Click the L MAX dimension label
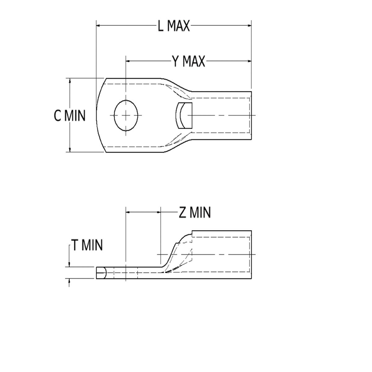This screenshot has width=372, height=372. point(174,26)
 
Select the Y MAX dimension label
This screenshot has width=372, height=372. point(189,61)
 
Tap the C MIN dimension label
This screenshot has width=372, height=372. point(70,116)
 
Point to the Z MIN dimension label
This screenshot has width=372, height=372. point(195,213)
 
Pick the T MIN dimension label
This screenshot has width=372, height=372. point(87,245)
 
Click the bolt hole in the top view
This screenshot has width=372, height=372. point(126,115)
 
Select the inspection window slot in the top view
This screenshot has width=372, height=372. point(184,116)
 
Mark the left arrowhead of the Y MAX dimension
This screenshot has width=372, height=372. point(129,61)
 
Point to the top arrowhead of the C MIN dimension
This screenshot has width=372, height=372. point(69,81)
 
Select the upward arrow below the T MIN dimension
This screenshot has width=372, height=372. point(69,282)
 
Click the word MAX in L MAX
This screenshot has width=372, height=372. point(179,26)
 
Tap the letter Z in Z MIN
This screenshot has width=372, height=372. point(183,213)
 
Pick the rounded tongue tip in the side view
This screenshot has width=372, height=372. point(101,273)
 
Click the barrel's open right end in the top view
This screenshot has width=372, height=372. point(251,116)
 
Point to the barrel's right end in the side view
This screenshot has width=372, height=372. point(251,255)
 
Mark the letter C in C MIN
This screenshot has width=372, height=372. point(58,116)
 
